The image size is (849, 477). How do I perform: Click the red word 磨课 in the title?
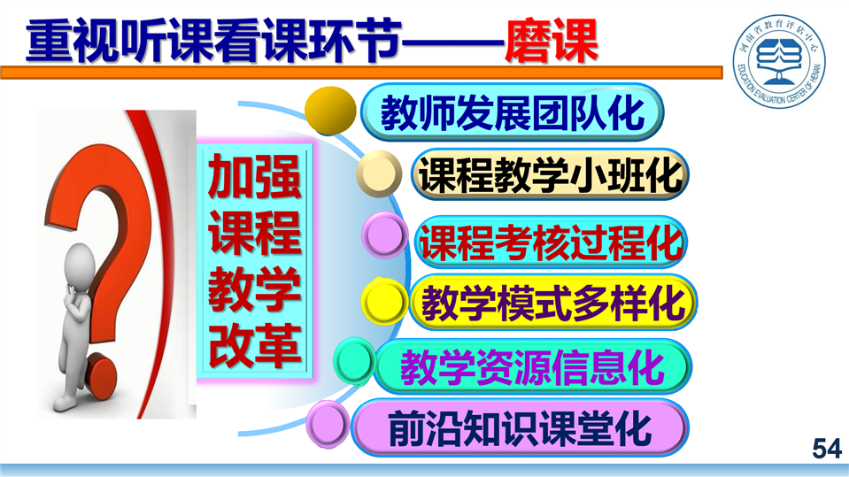point(552,41)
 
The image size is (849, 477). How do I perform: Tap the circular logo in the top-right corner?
point(779,60)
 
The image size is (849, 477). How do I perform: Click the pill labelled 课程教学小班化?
point(550,174)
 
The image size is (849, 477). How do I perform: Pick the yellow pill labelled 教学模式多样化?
point(552,303)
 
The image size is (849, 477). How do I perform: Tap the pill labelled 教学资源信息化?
point(533,366)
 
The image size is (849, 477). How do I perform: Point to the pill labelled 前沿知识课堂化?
point(520,427)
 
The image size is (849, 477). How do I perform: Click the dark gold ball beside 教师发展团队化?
point(330,111)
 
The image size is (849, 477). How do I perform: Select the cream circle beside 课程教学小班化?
point(379,173)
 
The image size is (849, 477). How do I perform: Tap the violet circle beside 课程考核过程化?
point(385,235)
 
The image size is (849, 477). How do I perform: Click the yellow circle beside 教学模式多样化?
point(384,302)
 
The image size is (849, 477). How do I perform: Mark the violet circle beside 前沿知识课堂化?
point(328,424)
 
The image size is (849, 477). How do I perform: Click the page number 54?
point(827,449)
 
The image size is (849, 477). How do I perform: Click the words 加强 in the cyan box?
point(254,176)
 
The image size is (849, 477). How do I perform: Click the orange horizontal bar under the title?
point(362,73)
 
